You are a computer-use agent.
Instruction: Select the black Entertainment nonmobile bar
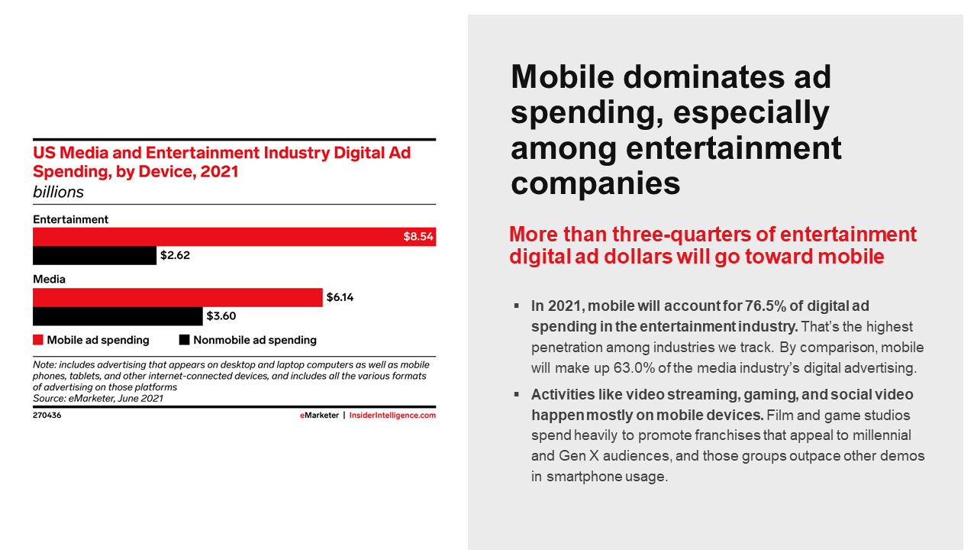click(x=94, y=256)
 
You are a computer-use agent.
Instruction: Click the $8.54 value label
click(x=418, y=237)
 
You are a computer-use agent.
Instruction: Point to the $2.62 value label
click(x=175, y=256)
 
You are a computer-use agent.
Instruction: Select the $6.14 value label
click(x=340, y=297)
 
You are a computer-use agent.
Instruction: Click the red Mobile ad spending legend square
click(x=37, y=340)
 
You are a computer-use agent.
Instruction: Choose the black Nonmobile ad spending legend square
click(x=184, y=340)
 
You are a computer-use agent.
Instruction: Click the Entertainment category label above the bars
click(x=70, y=219)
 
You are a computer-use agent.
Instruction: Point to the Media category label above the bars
click(x=49, y=279)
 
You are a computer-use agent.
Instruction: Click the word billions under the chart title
click(x=58, y=192)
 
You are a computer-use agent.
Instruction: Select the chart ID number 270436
click(x=47, y=416)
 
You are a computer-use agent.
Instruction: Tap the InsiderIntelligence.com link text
click(x=392, y=416)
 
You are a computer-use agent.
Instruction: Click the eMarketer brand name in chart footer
click(x=319, y=416)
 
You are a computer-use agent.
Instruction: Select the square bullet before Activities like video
click(x=517, y=393)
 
